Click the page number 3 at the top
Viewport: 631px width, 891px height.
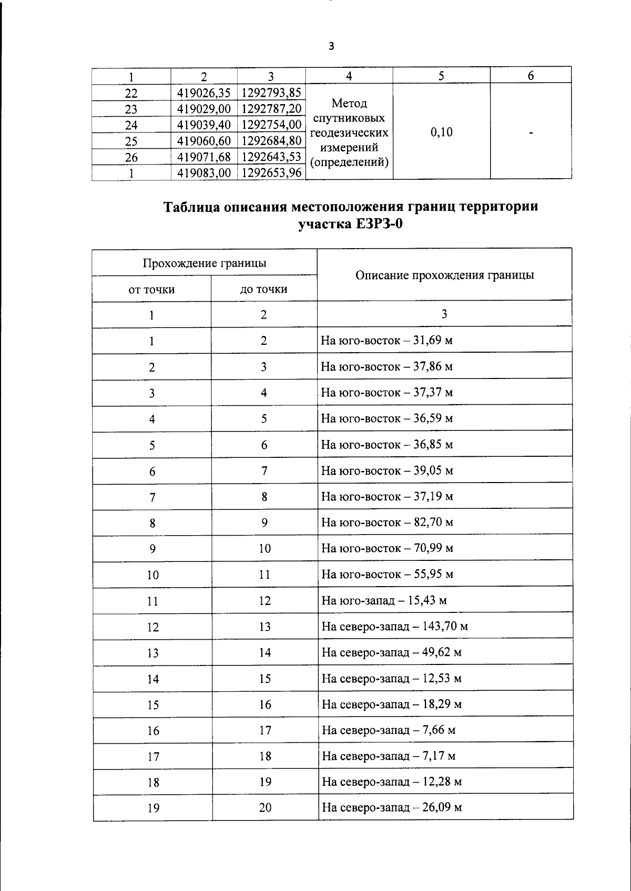[x=331, y=46]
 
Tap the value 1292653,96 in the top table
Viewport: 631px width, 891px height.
[x=271, y=172]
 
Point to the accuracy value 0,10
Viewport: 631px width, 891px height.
[x=441, y=132]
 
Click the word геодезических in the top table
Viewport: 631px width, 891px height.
[x=349, y=132]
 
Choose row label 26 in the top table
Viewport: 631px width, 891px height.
[x=131, y=157]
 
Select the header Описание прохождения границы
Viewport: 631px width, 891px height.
[x=444, y=275]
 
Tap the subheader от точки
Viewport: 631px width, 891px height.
[x=151, y=289]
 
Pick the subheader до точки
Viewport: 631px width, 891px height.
[x=263, y=289]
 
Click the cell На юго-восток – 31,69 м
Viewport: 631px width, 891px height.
[x=386, y=340]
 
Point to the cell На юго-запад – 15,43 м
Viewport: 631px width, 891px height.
[x=384, y=600]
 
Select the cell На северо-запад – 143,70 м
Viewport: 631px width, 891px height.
[x=394, y=626]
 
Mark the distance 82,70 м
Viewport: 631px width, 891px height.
[x=433, y=522]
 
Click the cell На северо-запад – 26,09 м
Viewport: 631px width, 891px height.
[x=392, y=807]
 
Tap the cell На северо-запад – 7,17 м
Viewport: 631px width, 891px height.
[x=389, y=756]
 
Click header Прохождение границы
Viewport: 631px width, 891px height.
[x=204, y=262]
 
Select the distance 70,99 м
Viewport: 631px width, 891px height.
[x=433, y=548]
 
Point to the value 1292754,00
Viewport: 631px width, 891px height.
[x=271, y=125]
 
